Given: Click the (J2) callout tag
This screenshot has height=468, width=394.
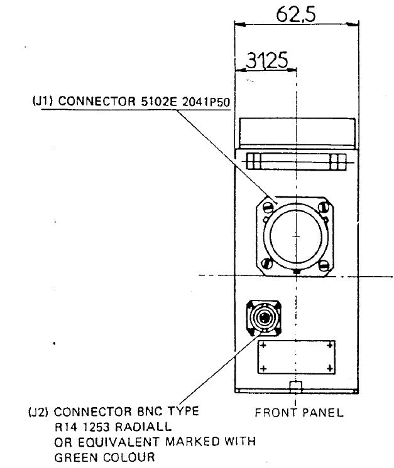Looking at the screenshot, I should click(x=39, y=413).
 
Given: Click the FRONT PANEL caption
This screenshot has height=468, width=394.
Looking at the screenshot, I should click(x=299, y=413).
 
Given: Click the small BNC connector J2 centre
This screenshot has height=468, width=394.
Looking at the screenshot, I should click(x=263, y=317).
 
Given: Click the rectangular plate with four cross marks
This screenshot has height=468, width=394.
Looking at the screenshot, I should click(x=296, y=356).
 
